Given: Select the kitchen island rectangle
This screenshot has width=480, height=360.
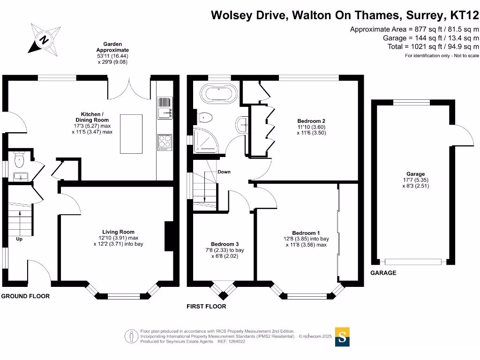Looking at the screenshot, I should tap(131, 133).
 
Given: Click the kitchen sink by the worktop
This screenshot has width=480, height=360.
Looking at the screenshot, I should tap(165, 112).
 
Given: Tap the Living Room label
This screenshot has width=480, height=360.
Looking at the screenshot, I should tap(118, 232).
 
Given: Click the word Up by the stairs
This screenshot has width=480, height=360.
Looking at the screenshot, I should tap(19, 239).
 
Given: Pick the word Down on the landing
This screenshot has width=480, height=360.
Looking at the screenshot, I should tap(224, 172).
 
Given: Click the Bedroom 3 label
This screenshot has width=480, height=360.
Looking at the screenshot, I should tap(225, 244).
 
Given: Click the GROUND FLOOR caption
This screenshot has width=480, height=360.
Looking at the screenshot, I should tap(25, 296).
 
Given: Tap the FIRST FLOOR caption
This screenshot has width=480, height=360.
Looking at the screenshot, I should tap(206, 307).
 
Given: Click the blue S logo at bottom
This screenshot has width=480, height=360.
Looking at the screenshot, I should tap(343, 337).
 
